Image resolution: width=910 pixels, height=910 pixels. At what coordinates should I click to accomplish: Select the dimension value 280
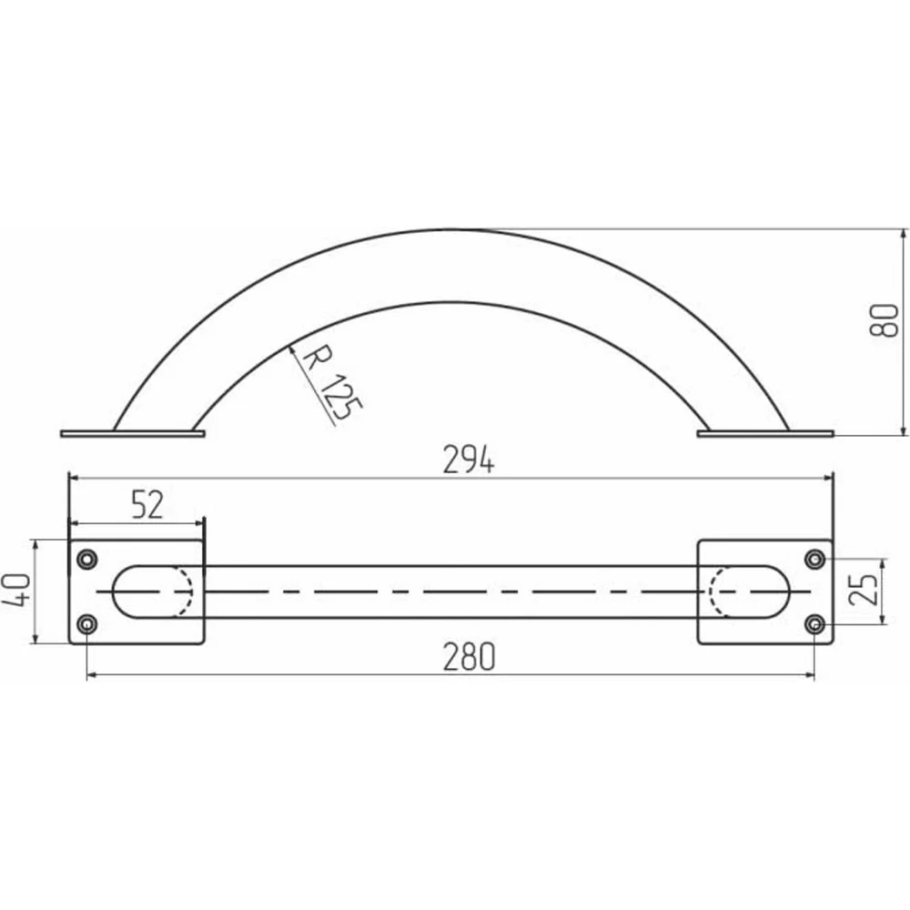pyautogui.click(x=469, y=656)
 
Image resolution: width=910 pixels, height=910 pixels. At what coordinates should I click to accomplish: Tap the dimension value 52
pyautogui.click(x=148, y=504)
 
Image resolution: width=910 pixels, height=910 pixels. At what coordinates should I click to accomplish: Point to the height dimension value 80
pyautogui.click(x=884, y=320)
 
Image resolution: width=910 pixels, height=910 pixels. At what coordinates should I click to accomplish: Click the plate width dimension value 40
pyautogui.click(x=16, y=590)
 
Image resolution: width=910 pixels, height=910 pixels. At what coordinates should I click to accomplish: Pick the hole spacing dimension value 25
pyautogui.click(x=863, y=590)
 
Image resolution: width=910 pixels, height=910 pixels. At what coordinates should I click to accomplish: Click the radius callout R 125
pyautogui.click(x=332, y=381)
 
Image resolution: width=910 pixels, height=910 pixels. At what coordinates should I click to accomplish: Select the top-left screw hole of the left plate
pyautogui.click(x=87, y=560)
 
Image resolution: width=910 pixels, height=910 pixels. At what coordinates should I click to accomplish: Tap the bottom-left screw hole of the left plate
pyautogui.click(x=87, y=624)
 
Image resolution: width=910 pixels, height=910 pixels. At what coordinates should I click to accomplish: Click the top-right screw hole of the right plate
pyautogui.click(x=815, y=560)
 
